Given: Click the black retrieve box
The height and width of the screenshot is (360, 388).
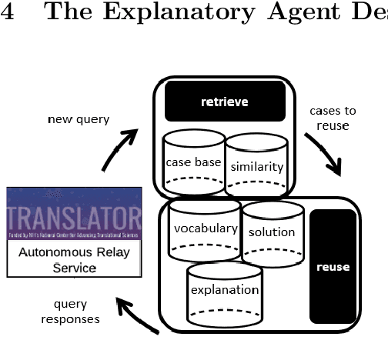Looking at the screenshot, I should (x=225, y=102).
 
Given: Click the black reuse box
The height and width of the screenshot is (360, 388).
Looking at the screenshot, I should (x=333, y=266).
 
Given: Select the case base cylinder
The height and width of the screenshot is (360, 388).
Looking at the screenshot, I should (x=193, y=162).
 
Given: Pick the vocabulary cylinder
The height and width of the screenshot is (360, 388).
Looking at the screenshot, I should (x=205, y=228).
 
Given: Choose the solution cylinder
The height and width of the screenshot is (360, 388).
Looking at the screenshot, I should (x=272, y=232).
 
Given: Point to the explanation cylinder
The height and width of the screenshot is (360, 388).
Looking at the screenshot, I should (x=224, y=289).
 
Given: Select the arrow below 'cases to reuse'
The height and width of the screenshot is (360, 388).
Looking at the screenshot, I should (x=323, y=154).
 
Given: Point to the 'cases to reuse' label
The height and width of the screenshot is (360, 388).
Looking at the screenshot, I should (x=333, y=118).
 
